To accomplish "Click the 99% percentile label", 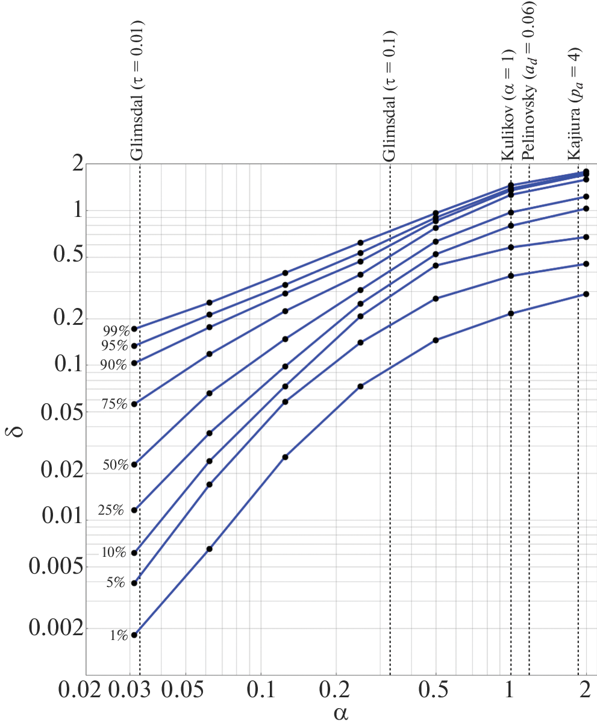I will [116, 331].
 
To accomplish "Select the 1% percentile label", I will [118, 635].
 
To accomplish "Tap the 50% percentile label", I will [116, 465].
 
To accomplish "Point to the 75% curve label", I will [116, 404].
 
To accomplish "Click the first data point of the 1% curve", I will [134, 635].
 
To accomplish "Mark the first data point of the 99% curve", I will [134, 329].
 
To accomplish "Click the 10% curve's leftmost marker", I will [134, 553].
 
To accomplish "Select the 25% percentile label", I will [111, 511].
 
